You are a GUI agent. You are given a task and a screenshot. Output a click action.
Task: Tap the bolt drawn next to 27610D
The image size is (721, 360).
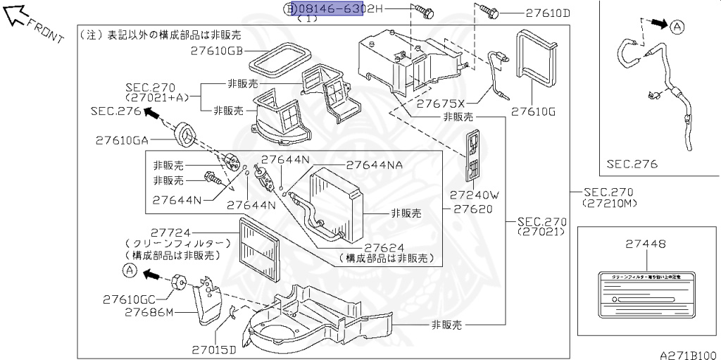click(490, 11)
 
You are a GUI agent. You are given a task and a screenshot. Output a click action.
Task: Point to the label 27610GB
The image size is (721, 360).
click(216, 51)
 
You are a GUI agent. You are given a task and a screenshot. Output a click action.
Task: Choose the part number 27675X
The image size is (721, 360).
click(441, 103)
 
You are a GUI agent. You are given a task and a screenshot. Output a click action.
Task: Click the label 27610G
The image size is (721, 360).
click(533, 111)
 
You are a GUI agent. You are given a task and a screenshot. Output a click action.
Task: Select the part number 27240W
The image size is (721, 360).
click(474, 194)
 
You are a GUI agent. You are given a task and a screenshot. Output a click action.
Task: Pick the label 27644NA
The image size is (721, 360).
click(374, 166)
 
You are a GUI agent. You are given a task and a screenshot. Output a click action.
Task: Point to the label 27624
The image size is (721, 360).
click(384, 248)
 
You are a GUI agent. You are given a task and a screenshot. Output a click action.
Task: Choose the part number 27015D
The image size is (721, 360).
click(215, 349)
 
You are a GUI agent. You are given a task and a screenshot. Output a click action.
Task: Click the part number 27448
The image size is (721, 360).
click(646, 244)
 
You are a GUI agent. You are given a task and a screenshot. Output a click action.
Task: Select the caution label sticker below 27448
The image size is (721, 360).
click(646, 294)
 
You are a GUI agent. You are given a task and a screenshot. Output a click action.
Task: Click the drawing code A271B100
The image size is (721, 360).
click(687, 354)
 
